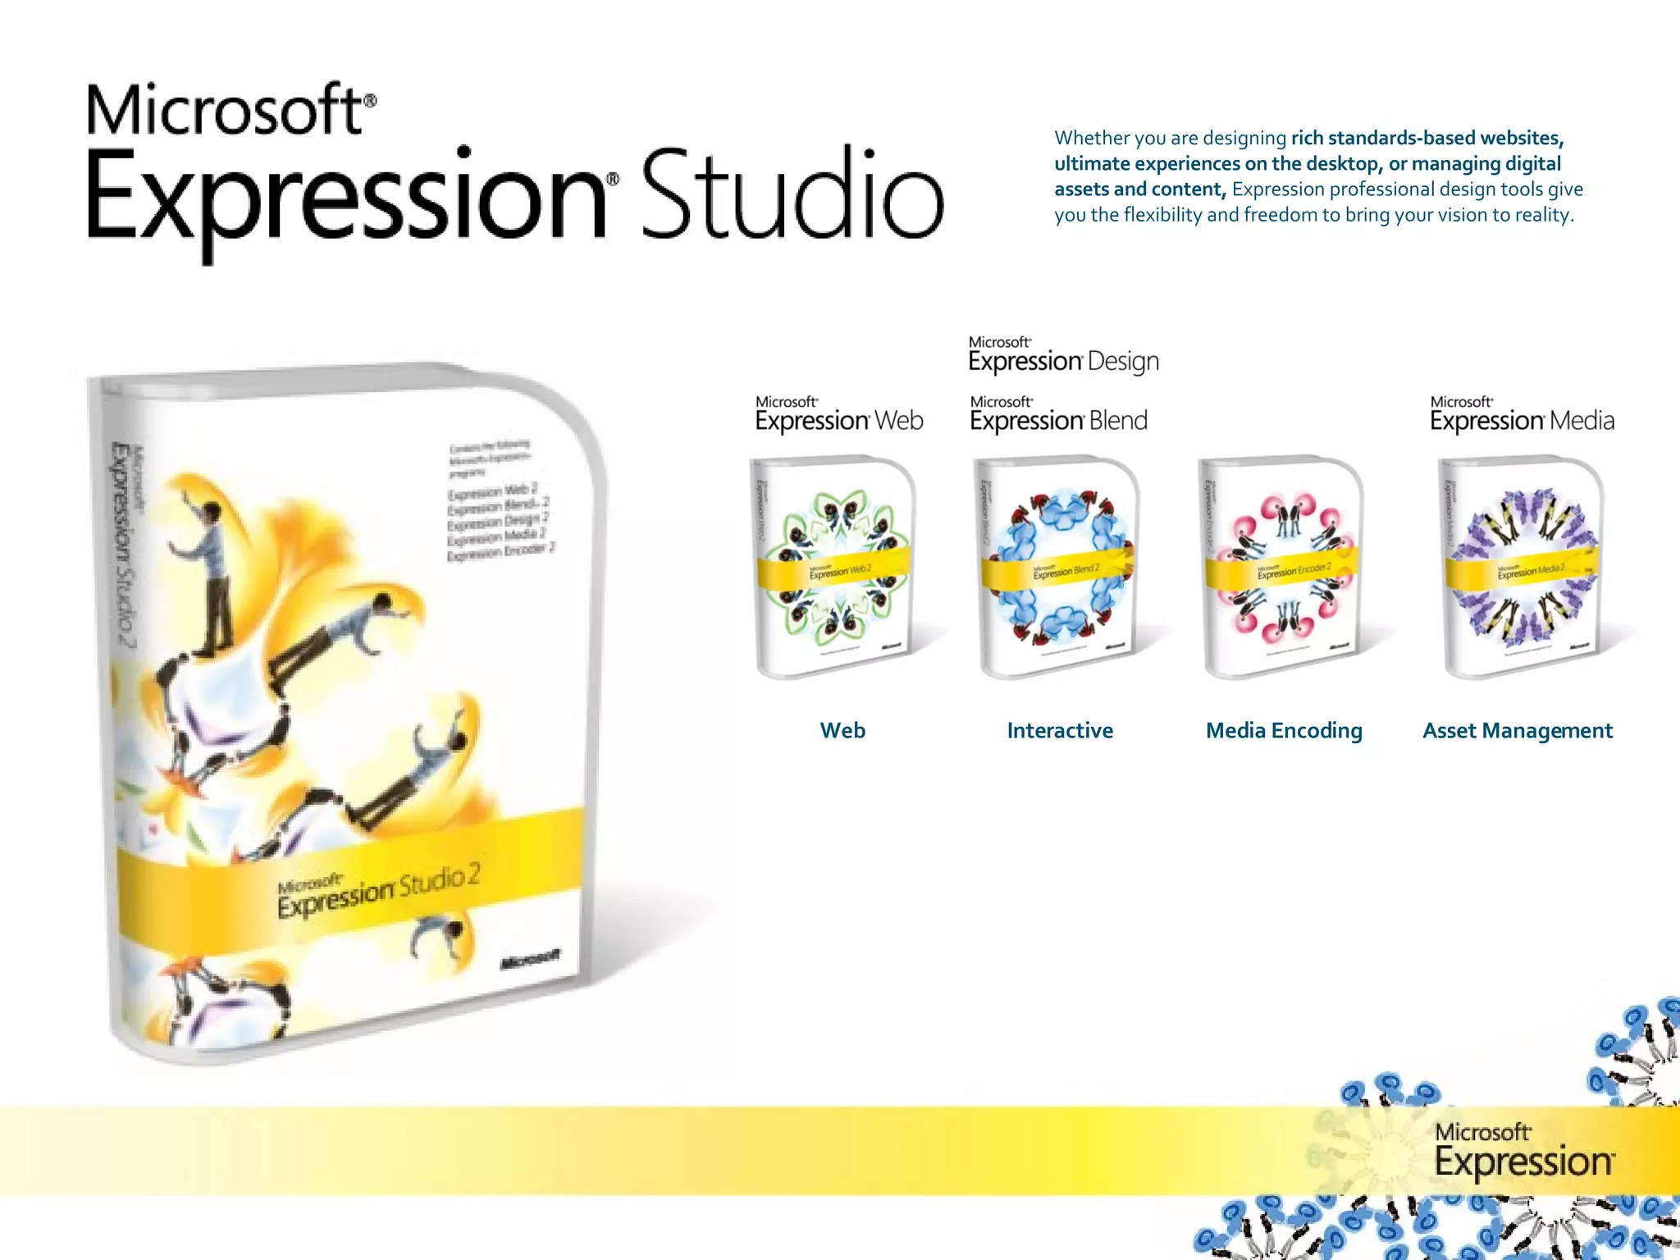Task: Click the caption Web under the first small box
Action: click(x=842, y=730)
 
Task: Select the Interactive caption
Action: click(x=1060, y=730)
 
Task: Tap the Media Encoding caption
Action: click(x=1284, y=730)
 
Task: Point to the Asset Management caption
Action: click(x=1518, y=730)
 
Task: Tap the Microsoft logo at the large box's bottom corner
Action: click(x=530, y=959)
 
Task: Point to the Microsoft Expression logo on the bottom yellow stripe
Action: click(x=1523, y=1152)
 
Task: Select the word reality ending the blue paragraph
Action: click(x=1542, y=215)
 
